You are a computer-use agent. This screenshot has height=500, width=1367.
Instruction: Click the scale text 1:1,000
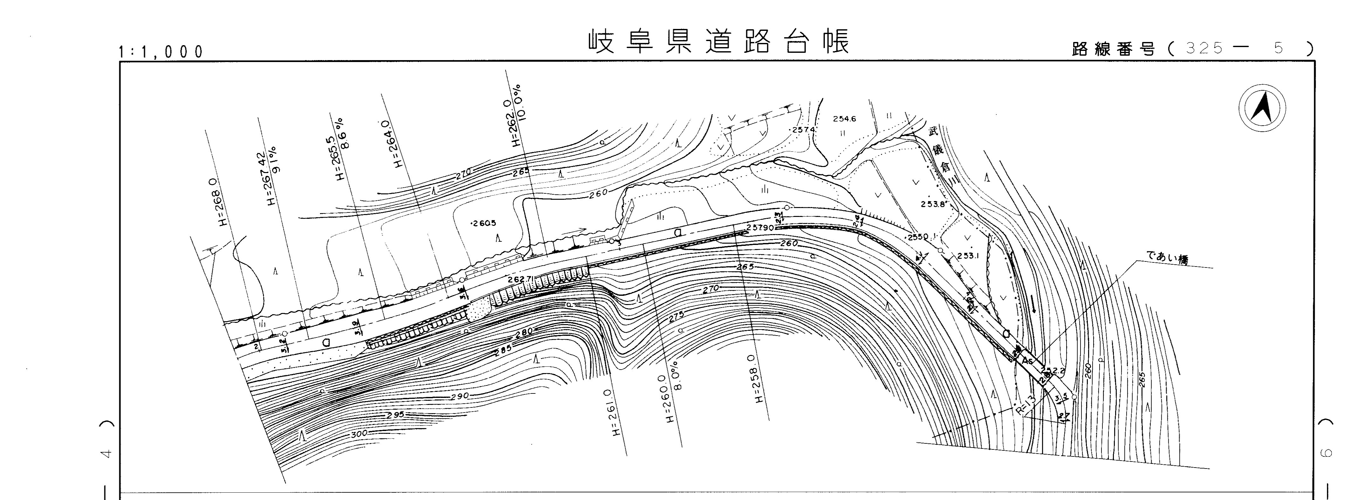(x=161, y=52)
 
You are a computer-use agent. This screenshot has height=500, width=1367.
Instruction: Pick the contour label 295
(x=395, y=414)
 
